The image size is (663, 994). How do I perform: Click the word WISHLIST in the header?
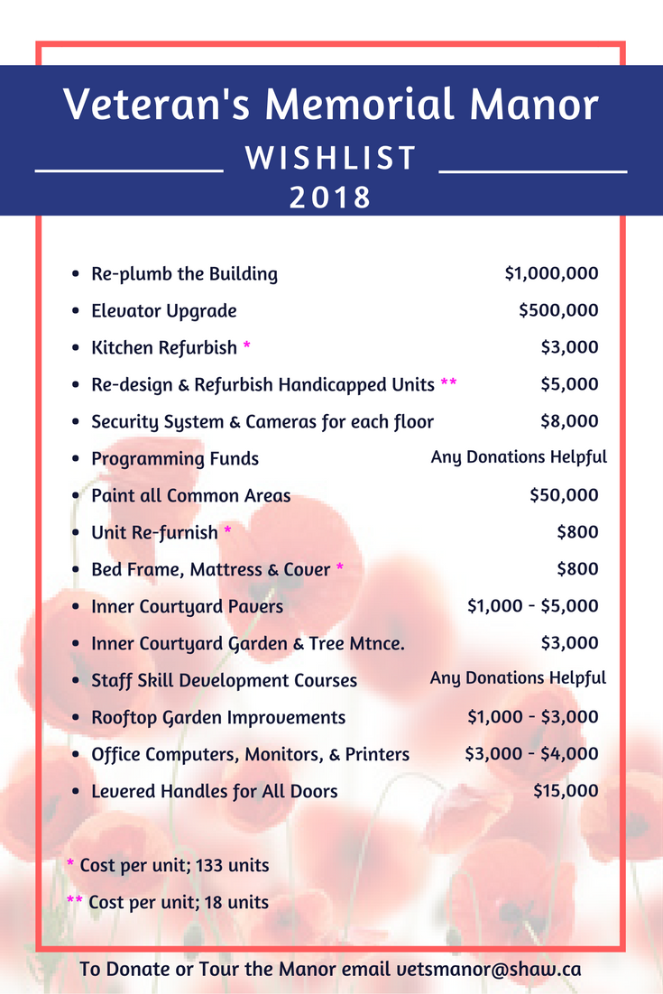pos(331,159)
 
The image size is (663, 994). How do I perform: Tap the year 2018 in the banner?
pos(331,197)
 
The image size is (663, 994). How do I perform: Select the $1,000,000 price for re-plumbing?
pos(551,273)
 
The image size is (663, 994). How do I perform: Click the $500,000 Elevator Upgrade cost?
pos(558,310)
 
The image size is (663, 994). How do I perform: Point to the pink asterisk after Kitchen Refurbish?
pos(247,347)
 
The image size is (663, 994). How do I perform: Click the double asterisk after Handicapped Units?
pos(448,384)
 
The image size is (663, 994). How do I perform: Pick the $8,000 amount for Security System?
pos(569,421)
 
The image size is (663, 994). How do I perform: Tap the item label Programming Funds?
pos(175,458)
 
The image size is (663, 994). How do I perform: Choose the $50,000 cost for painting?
pos(564,495)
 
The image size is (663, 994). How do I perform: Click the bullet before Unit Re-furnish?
pos(76,533)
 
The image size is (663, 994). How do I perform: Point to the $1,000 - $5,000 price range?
pos(532,606)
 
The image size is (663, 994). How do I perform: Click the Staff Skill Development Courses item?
pos(224,680)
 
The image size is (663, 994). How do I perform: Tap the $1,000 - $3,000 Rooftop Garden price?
pos(532,717)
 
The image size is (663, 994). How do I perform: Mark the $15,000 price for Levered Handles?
pos(566,791)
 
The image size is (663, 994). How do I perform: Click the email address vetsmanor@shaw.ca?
pos(489,970)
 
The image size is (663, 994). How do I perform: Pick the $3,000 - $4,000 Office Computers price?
pos(531,754)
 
